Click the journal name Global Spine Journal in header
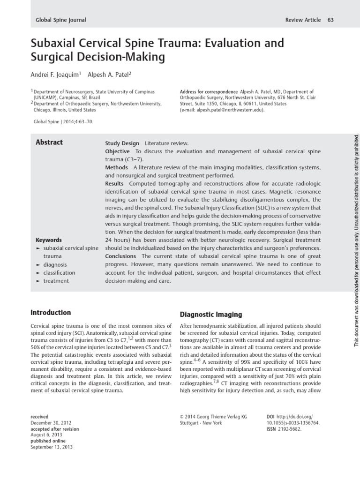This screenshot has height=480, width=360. pos(61,20)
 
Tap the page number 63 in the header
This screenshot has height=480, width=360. pos(330,20)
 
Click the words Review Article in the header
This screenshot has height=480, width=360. pos(303,20)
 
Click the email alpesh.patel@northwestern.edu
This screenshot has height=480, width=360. pos(222,110)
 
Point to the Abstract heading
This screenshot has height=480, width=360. pos(49,142)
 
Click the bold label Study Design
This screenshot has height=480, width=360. pos(122,143)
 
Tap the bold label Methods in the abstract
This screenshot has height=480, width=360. pos(116,168)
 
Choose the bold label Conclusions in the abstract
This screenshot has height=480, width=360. pos(120,256)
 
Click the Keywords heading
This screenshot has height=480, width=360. pos(49,240)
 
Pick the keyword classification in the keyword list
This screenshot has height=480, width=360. pos(59,273)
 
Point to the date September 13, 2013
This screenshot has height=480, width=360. pos(52,447)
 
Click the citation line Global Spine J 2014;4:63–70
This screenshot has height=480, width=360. pos(63,121)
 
